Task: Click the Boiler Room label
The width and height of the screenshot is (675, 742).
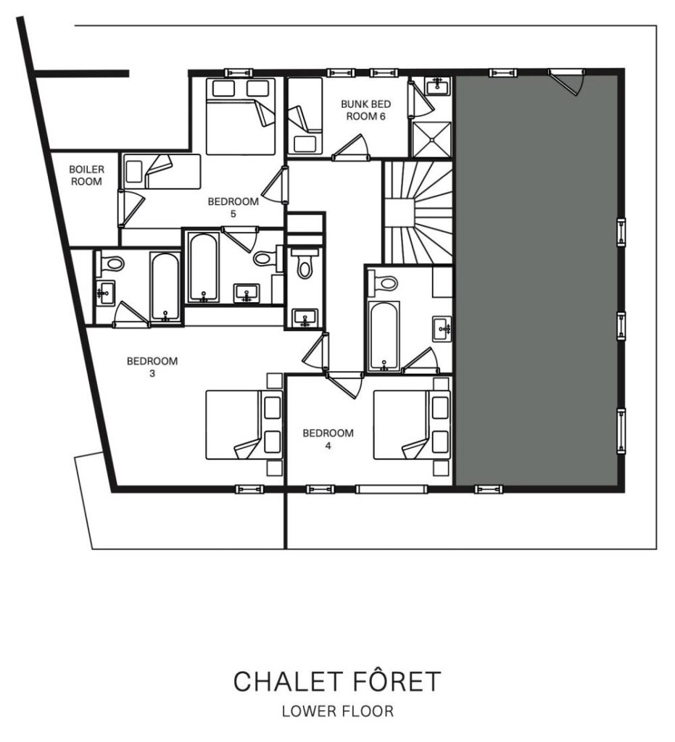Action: click(86, 175)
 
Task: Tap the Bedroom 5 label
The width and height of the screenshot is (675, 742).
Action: click(233, 208)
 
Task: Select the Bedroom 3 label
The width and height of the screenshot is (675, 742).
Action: click(152, 367)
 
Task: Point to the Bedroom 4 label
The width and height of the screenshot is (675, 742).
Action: click(328, 439)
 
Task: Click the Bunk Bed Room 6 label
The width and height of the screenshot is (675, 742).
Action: click(366, 110)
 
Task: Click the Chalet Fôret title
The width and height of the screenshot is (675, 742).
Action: click(338, 681)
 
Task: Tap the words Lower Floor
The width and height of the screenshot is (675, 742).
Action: click(338, 712)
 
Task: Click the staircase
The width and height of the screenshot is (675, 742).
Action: click(418, 212)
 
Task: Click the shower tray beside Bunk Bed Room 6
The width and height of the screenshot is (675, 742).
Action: click(432, 139)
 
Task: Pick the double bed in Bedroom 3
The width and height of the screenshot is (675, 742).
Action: click(244, 425)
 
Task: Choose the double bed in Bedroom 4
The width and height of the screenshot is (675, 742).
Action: click(412, 425)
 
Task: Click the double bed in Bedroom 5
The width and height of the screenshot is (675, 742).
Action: click(241, 117)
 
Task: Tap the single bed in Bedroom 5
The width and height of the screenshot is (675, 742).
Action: click(162, 171)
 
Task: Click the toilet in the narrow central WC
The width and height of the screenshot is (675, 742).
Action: click(305, 264)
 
